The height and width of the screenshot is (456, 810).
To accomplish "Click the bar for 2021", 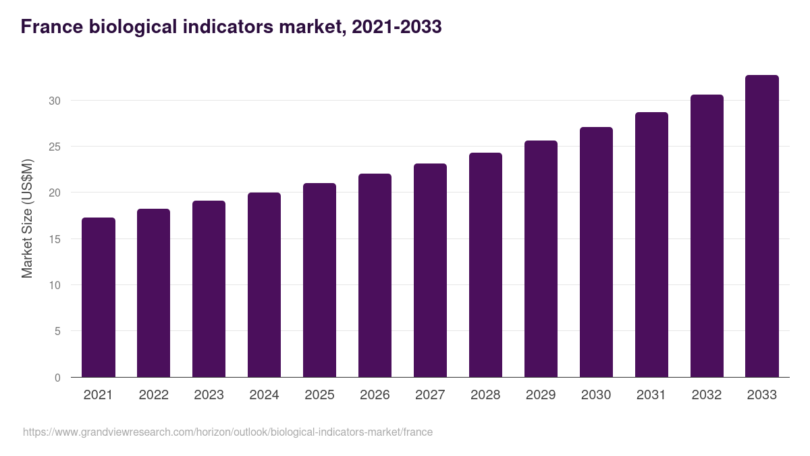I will pos(99,297).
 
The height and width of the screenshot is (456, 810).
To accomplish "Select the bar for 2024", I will pos(264,284).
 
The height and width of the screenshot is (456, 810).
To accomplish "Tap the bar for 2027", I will pos(430,270).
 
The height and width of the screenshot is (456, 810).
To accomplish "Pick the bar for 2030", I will pos(596,252).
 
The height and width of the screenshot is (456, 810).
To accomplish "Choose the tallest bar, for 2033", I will pos(762,226).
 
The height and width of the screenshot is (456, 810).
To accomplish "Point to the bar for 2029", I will pos(541,259).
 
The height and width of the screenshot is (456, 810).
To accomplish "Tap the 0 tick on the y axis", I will pos(57,378).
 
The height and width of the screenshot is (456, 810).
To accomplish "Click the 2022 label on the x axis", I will pos(153,395).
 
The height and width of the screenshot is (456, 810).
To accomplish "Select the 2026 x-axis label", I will pos(375,395).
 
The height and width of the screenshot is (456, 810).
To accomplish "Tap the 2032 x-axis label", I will pos(707,395).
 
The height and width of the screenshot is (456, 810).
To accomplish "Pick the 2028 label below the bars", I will pos(485,395).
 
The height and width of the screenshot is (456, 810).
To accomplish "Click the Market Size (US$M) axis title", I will pos(27,218).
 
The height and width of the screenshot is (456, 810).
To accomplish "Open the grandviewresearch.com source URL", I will pos(227,432).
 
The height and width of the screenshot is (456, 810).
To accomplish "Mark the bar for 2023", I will pos(209,288).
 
